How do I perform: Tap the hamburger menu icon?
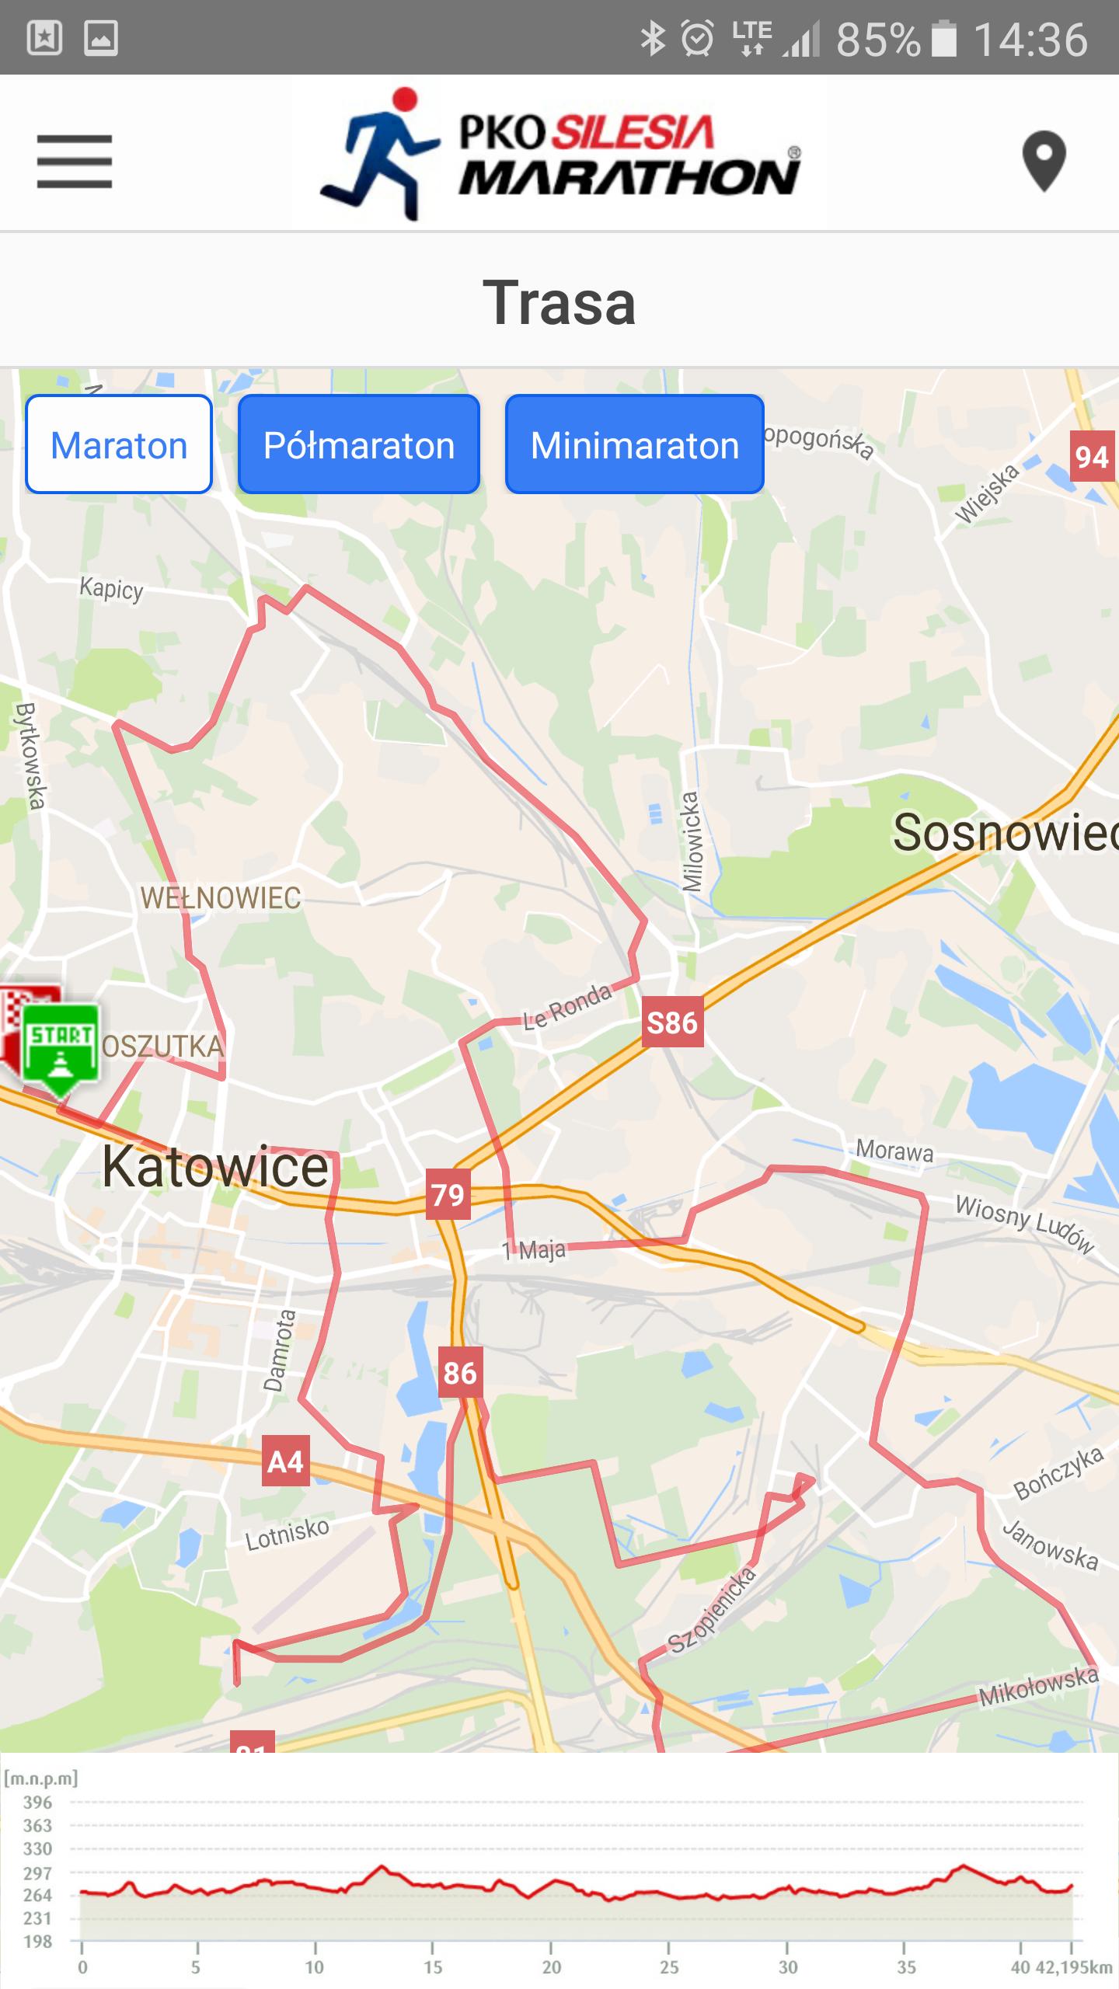[x=75, y=162]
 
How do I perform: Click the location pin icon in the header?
[x=1043, y=161]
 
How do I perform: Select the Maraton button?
[x=119, y=445]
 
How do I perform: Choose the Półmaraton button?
[x=359, y=445]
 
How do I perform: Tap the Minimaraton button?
[x=634, y=445]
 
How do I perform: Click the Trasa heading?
[x=559, y=302]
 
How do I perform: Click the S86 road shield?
[x=672, y=1022]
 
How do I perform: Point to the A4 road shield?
[x=285, y=1461]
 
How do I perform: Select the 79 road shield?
[x=448, y=1194]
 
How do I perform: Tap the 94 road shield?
[x=1092, y=457]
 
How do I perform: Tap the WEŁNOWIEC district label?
[x=221, y=898]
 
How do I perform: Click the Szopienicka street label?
[x=712, y=1609]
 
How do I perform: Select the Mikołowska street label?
[x=1038, y=1688]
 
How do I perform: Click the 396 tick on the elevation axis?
[x=37, y=1802]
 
